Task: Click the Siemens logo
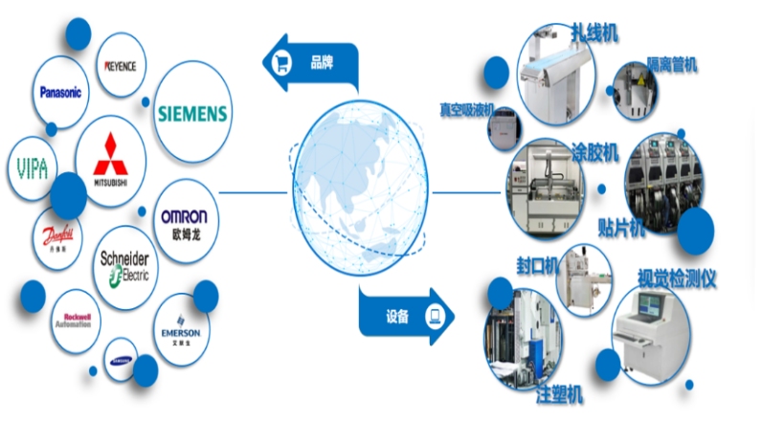click(x=191, y=114)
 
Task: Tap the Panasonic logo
click(x=61, y=93)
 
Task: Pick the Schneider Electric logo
click(x=124, y=264)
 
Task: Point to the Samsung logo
click(x=123, y=359)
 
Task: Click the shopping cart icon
click(x=284, y=64)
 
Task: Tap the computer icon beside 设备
click(x=433, y=316)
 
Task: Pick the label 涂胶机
click(x=595, y=151)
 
